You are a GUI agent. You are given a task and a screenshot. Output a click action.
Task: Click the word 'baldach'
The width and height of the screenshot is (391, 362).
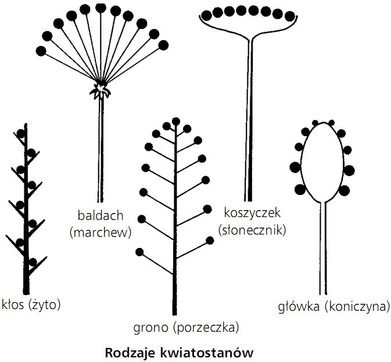click(100, 216)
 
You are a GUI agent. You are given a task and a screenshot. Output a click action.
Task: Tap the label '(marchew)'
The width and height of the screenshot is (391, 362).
click(101, 232)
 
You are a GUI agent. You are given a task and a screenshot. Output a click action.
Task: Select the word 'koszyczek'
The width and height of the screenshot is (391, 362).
click(251, 213)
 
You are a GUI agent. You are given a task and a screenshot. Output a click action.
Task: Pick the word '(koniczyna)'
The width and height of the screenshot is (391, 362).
click(357, 307)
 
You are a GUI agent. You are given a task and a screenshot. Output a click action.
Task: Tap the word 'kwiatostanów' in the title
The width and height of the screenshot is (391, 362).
click(201, 352)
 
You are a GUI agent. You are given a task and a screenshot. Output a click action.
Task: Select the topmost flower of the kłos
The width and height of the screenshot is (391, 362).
click(21, 133)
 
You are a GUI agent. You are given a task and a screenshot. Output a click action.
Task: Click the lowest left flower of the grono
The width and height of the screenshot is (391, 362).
click(139, 252)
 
